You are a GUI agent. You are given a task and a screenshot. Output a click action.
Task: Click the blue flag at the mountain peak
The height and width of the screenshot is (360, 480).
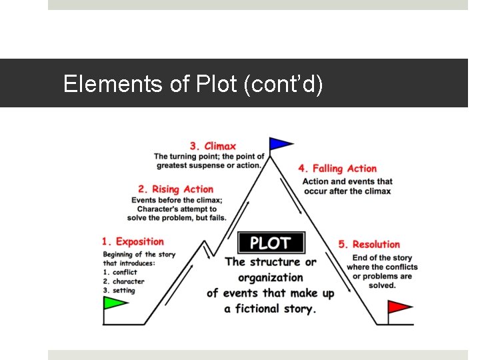click(x=281, y=143)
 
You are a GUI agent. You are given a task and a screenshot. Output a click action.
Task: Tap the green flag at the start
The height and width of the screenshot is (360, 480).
click(x=115, y=303)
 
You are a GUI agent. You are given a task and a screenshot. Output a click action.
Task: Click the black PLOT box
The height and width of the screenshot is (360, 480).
click(x=271, y=242)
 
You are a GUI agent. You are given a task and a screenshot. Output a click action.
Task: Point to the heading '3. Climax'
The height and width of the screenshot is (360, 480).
click(x=213, y=146)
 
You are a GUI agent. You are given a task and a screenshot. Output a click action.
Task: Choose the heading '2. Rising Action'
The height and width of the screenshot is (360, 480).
click(x=176, y=189)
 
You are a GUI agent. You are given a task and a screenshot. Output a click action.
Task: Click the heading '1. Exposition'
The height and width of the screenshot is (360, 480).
click(x=133, y=241)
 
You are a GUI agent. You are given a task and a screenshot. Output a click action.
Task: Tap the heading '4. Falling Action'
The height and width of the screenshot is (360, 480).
click(x=338, y=169)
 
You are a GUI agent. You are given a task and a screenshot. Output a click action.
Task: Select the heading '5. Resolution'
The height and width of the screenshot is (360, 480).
click(x=369, y=245)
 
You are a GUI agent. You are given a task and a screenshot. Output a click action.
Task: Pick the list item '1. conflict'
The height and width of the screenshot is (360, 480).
click(x=120, y=272)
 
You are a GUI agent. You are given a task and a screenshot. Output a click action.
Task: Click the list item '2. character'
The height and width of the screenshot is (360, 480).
click(x=124, y=281)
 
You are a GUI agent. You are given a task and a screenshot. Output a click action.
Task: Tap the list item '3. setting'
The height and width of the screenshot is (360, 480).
click(x=119, y=291)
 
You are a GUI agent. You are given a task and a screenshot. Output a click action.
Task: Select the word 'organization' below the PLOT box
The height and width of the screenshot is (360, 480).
click(x=270, y=277)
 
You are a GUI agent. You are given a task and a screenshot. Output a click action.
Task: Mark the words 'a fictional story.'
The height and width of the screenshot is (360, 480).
click(x=270, y=309)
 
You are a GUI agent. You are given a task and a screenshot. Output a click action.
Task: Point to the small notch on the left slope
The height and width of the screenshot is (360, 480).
click(x=207, y=249)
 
